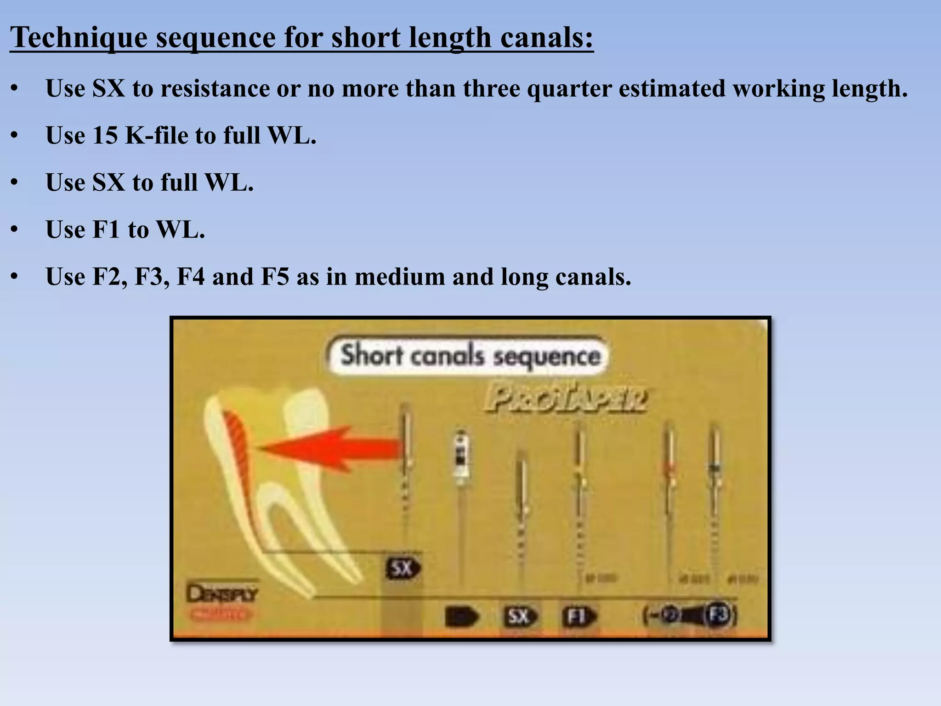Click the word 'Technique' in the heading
pos(79,38)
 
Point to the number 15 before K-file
pos(105,136)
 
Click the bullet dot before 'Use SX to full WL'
pos(15,183)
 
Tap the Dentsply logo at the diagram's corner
pos(221,594)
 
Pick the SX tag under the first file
pos(402,569)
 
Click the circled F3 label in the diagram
pos(719,615)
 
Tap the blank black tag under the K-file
pos(461,617)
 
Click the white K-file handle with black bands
pos(461,457)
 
